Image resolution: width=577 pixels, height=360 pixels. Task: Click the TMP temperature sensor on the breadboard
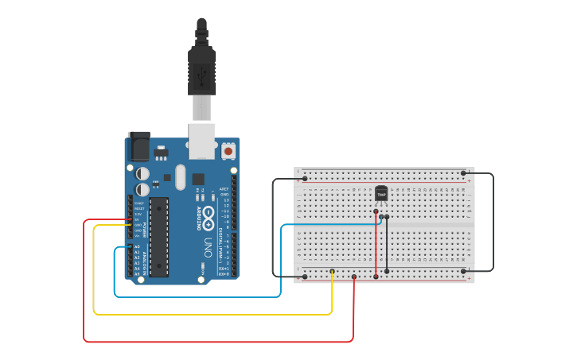pos(381,193)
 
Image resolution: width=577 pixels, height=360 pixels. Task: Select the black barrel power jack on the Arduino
pos(138,146)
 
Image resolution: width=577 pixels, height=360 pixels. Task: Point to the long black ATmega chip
pos(159,237)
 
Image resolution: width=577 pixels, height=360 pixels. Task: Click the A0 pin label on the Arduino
pos(137,246)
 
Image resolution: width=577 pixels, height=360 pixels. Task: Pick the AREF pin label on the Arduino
pos(224,188)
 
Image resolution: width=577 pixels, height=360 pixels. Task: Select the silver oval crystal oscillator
pos(180,176)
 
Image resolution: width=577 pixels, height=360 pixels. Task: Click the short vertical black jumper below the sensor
pos(387,243)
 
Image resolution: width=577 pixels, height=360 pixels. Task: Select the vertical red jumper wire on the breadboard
pos(376,245)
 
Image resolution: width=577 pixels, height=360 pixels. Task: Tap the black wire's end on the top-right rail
pos(463,172)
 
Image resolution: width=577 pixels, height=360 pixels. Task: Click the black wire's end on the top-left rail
pos(305,179)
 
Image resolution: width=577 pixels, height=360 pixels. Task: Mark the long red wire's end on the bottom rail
pos(353,277)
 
